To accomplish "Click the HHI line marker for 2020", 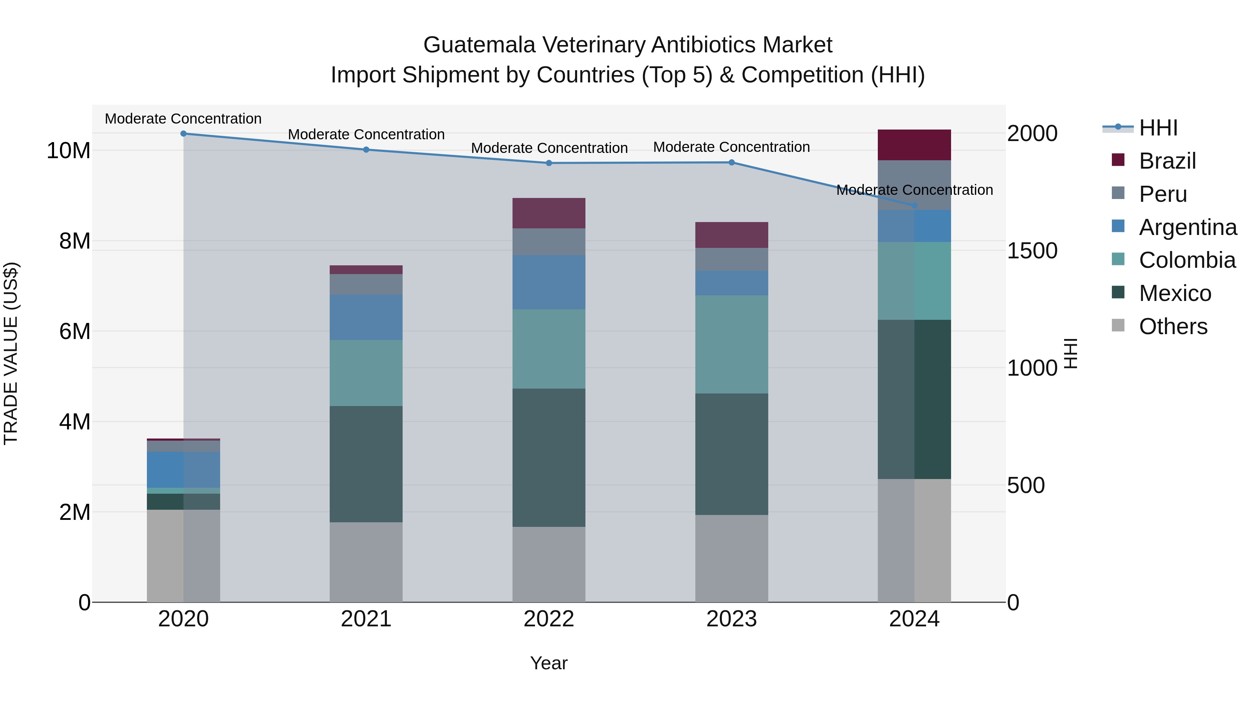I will click(183, 134).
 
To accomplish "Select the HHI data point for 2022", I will click(549, 163).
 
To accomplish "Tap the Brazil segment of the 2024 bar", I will click(914, 145).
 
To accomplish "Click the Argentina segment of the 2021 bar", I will click(366, 317).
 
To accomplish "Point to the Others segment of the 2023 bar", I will click(731, 558).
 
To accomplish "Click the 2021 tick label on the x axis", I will click(366, 619).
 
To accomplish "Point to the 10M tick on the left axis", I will click(68, 150).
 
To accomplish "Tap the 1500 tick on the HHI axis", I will click(1032, 251).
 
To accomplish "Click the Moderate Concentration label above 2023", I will click(731, 147).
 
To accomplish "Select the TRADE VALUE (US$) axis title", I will click(11, 353).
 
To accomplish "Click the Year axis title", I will click(549, 663).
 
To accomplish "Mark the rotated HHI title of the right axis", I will click(1071, 353).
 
